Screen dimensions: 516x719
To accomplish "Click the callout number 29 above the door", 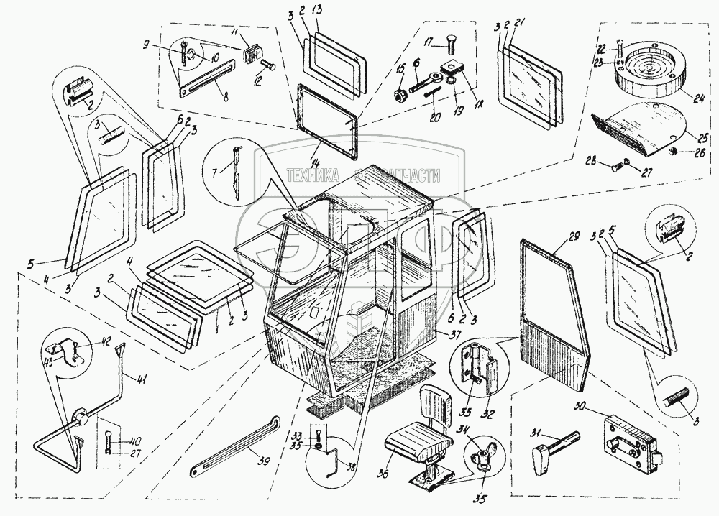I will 574,237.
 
